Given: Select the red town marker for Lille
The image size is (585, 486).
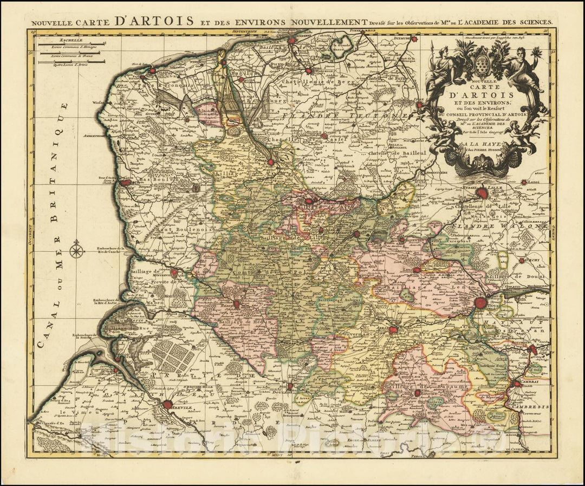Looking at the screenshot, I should click(x=482, y=192).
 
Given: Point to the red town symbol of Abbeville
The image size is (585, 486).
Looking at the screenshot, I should click(x=167, y=404).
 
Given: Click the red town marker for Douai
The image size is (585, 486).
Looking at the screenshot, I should click(x=480, y=303).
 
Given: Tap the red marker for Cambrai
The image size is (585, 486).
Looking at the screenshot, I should click(x=518, y=383).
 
